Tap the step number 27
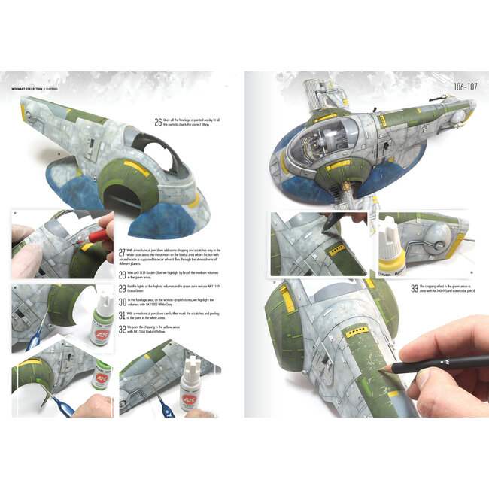[x=123, y=251]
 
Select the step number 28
[x=123, y=273]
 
